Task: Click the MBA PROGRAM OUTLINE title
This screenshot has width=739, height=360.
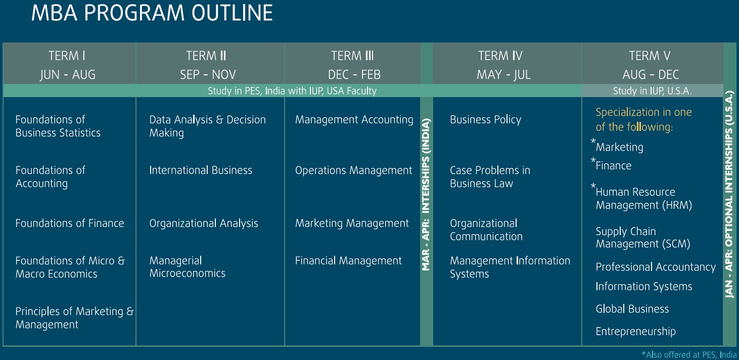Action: (152, 13)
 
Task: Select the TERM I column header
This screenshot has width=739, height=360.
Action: (67, 56)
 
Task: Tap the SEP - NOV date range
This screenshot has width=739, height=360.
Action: (208, 74)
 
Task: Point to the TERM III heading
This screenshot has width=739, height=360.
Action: (352, 56)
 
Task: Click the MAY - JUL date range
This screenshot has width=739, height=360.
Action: (504, 74)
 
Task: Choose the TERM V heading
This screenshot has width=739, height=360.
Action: (650, 56)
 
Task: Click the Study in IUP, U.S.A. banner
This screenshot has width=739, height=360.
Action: (652, 91)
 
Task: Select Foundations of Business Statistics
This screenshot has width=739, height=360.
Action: (58, 126)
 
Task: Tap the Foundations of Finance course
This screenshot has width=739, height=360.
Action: (70, 223)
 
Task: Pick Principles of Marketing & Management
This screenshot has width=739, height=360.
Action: (75, 318)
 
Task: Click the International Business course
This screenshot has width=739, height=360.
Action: (201, 170)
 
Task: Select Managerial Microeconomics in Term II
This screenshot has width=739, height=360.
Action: (187, 267)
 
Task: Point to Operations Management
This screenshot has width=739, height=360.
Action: (353, 170)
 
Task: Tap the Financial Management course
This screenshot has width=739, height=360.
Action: (348, 261)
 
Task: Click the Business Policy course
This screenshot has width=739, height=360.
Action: (485, 119)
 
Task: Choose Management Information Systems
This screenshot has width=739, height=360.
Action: (510, 267)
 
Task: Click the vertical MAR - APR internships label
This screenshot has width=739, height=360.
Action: (426, 194)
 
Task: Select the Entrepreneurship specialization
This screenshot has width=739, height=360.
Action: (636, 331)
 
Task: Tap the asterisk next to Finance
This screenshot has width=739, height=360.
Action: (593, 161)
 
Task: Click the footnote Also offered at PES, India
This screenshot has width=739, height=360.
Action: (689, 355)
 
